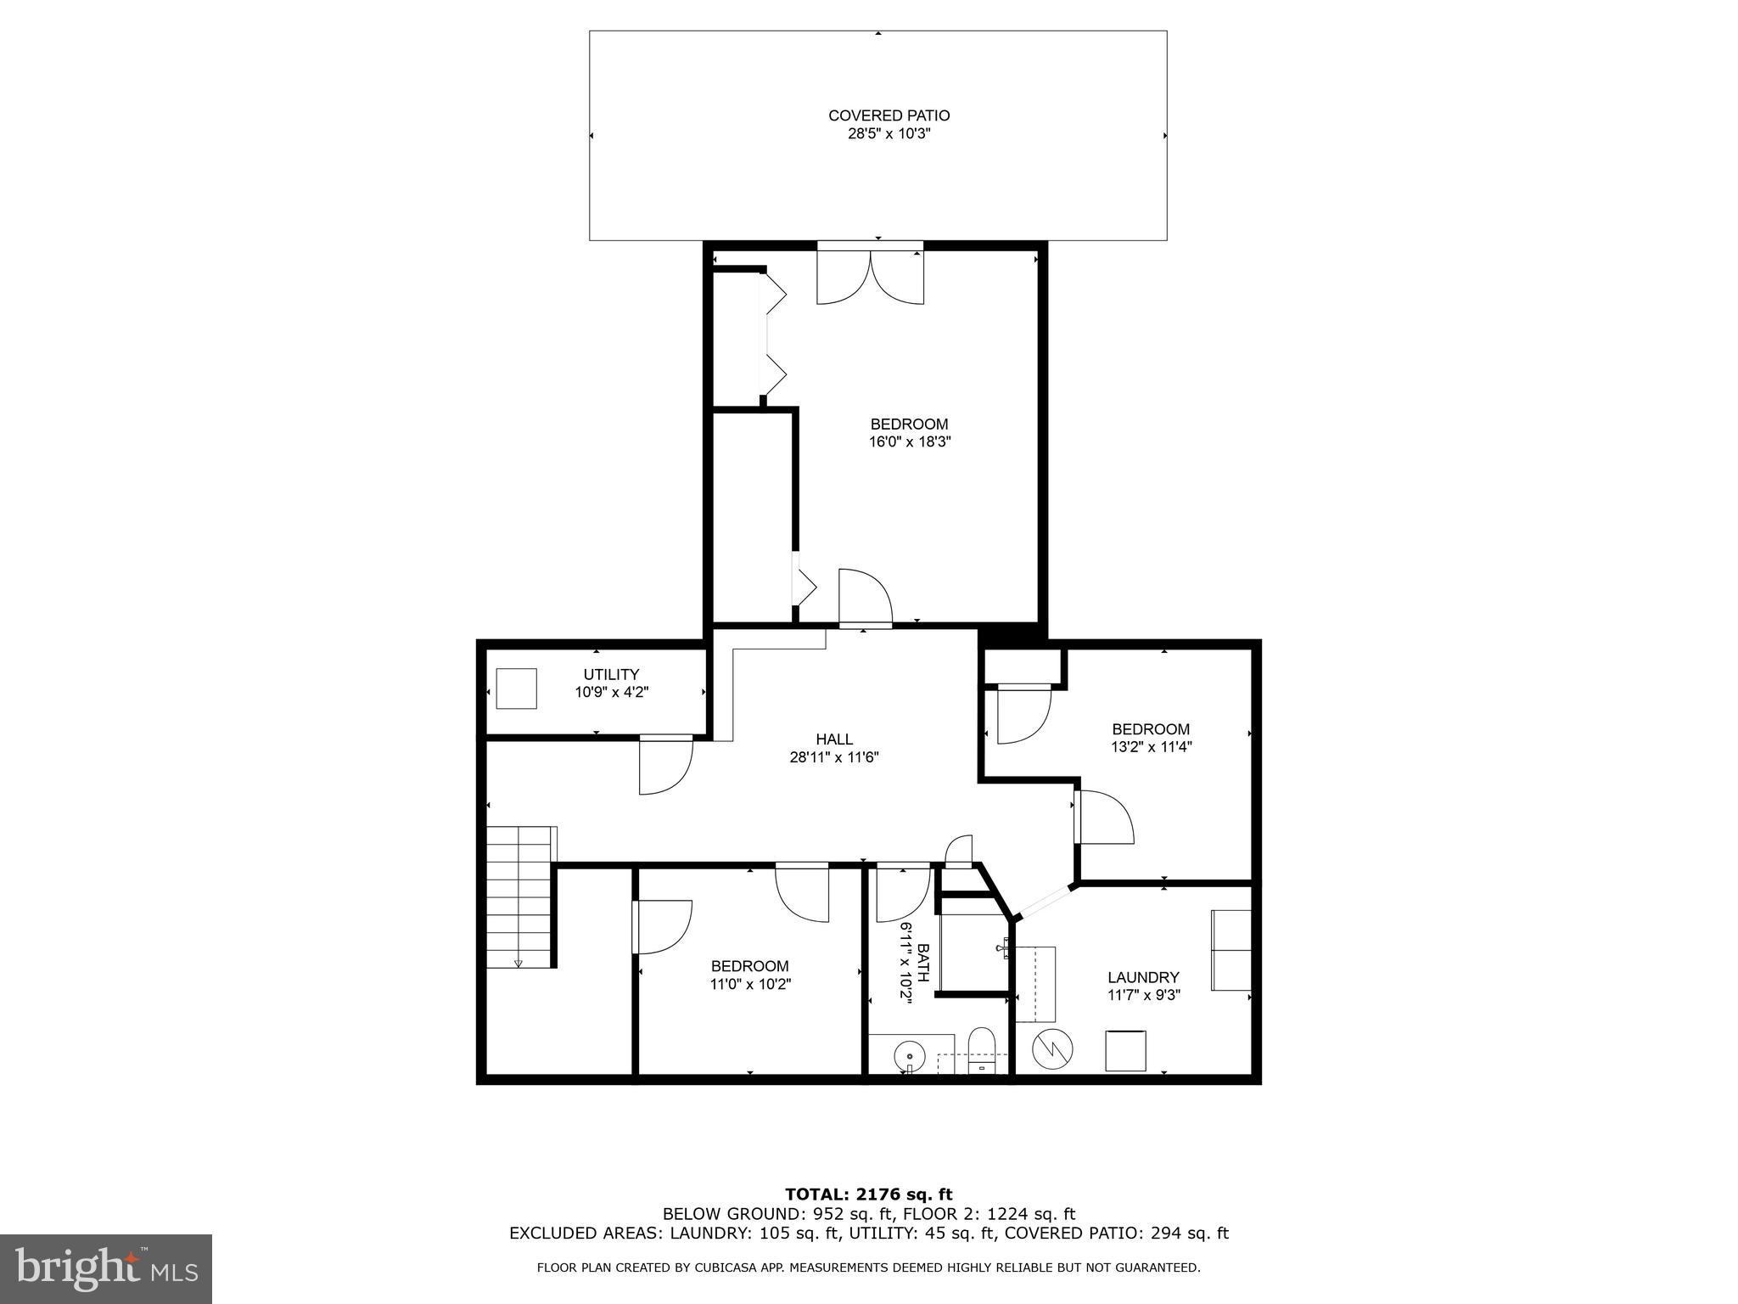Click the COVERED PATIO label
tap(889, 115)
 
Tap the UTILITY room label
tap(611, 675)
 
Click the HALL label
tap(834, 739)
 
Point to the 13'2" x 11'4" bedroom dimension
tap(1151, 747)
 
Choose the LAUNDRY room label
tap(1143, 977)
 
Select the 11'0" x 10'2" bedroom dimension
tap(750, 985)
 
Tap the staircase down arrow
tap(518, 963)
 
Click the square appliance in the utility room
tap(516, 689)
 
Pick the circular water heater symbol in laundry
tap(1052, 1050)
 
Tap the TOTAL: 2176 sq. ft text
tap(868, 1195)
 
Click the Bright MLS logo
tap(106, 1269)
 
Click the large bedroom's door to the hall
tap(865, 598)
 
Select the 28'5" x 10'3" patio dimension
tap(889, 134)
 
